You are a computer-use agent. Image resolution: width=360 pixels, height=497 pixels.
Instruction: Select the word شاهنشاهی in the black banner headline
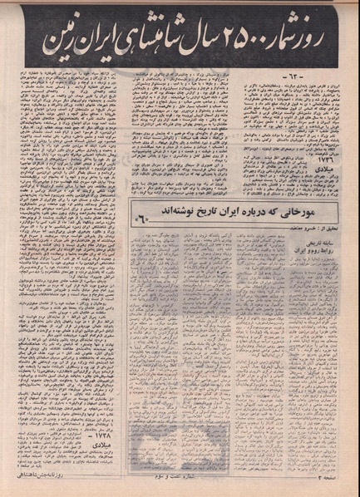coord(153,38)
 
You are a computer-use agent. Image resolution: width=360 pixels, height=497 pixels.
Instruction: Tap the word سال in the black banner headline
coord(202,39)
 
